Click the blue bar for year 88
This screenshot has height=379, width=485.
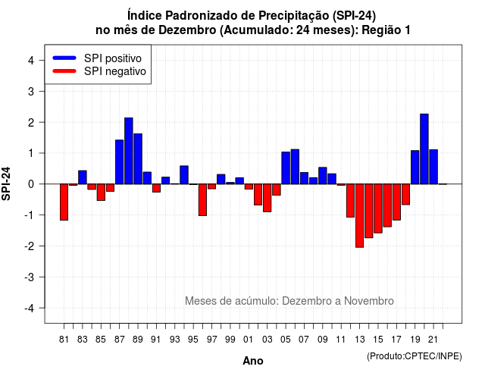tap(129, 151)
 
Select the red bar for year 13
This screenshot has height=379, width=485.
tap(359, 215)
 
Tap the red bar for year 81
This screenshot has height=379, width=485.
tap(64, 202)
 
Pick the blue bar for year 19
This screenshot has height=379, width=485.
tap(415, 167)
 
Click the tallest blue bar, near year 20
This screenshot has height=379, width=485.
tap(424, 149)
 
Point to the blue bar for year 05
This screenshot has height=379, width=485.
tap(286, 168)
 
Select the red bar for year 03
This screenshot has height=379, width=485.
tap(268, 198)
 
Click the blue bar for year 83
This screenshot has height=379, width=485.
tap(83, 177)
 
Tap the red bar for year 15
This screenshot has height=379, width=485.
tap(378, 208)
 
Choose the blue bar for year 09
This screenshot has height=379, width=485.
tap(323, 176)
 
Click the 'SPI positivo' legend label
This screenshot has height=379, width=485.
tap(113, 58)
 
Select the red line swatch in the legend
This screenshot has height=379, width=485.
tap(64, 71)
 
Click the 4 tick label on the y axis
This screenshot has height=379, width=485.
tap(31, 61)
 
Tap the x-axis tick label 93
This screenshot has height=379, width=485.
tap(175, 340)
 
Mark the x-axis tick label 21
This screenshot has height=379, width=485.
tap(433, 340)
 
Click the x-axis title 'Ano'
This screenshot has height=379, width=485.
tap(253, 361)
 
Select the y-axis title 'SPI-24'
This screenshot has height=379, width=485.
tap(6, 183)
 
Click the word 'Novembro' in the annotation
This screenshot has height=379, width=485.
tap(369, 301)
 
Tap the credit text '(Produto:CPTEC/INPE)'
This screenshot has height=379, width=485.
tap(415, 356)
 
